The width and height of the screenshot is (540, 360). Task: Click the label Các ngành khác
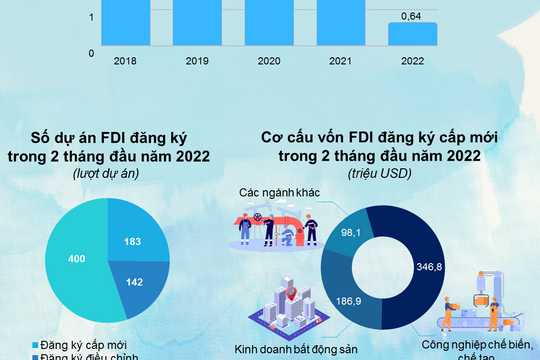pos(277,192)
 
